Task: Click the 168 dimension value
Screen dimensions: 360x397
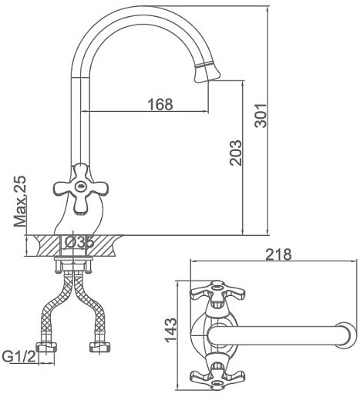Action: (x=160, y=104)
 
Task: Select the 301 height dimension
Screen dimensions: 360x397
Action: (x=261, y=116)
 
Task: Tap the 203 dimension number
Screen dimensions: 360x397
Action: (x=236, y=153)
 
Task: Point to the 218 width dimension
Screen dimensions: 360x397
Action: (x=278, y=254)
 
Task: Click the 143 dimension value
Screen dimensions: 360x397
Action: (x=170, y=331)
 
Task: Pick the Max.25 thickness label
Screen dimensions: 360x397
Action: (x=20, y=201)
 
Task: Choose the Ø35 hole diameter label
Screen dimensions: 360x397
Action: (x=79, y=242)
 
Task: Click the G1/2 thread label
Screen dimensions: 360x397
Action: (x=19, y=356)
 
